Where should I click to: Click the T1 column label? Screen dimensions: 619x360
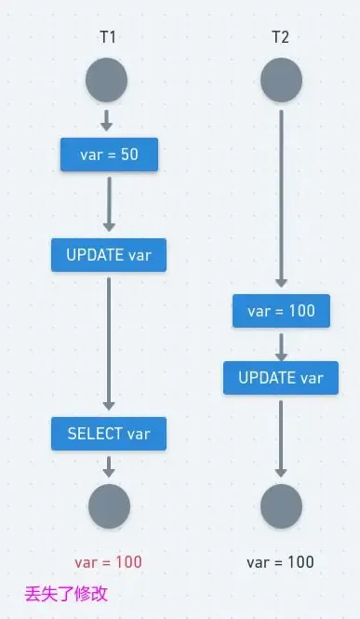coord(109,38)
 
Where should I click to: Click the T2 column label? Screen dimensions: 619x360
coord(280,38)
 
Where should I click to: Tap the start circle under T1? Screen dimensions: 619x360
coord(106,82)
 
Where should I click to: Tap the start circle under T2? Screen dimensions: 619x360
coord(281,82)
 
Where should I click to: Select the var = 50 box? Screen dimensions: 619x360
coord(109,155)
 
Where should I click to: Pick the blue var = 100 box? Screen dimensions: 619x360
coord(281,311)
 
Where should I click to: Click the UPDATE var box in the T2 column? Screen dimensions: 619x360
coord(281,377)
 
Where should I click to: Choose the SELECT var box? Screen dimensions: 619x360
coord(109,433)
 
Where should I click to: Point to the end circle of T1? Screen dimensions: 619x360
coord(109,506)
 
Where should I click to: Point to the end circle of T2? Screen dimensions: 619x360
coord(281,506)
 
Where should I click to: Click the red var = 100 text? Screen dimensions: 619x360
coord(109,562)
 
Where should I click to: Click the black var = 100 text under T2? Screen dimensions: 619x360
coord(280,562)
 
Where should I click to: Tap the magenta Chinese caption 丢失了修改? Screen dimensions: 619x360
coord(66,593)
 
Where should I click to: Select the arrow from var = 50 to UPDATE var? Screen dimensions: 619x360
coord(109,203)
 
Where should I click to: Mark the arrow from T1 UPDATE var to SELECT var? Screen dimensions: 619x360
coord(109,343)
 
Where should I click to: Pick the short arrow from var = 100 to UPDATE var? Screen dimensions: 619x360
coord(281,344)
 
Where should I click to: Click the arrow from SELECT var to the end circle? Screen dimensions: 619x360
coord(109,466)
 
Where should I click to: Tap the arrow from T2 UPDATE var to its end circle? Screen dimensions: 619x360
coord(281,437)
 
